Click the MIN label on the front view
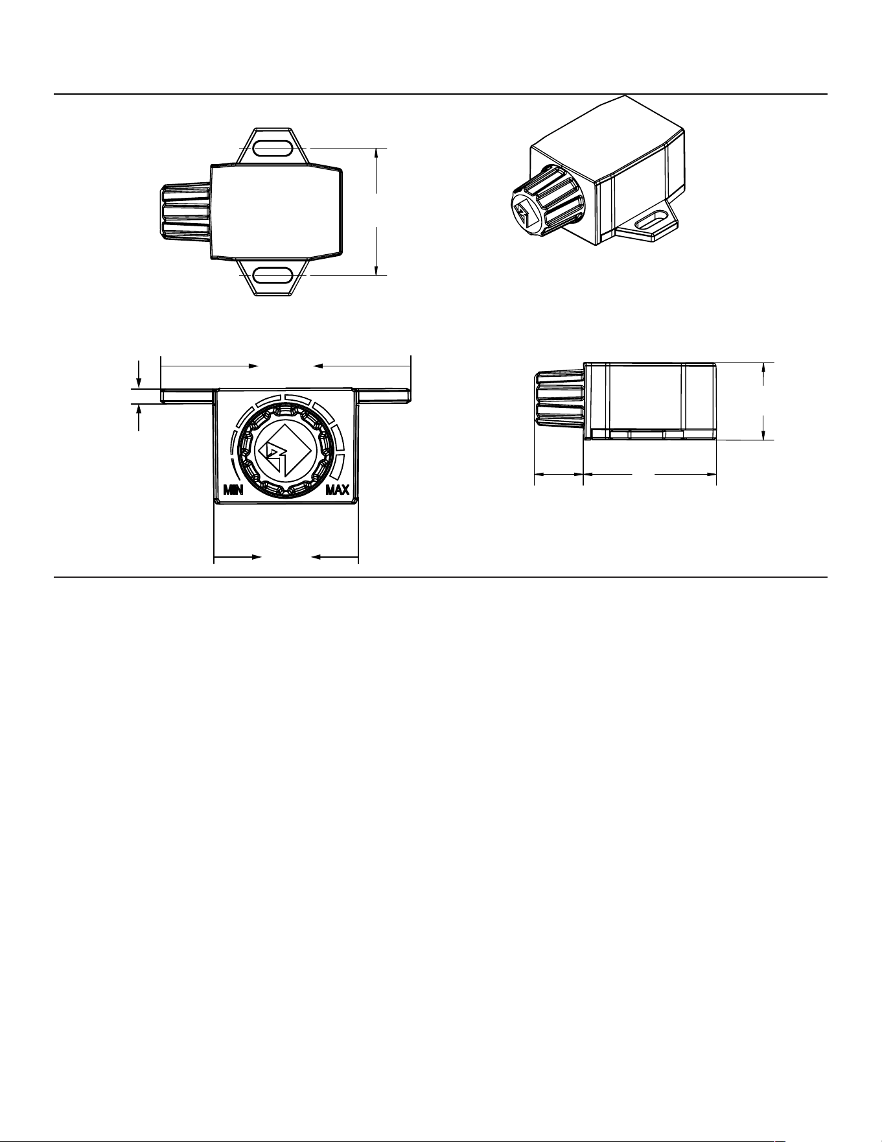click(x=233, y=490)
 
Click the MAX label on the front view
click(x=338, y=490)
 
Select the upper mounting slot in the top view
click(x=272, y=149)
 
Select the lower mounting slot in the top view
click(x=272, y=276)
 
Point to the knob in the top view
click(x=185, y=213)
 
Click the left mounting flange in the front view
click(x=187, y=396)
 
